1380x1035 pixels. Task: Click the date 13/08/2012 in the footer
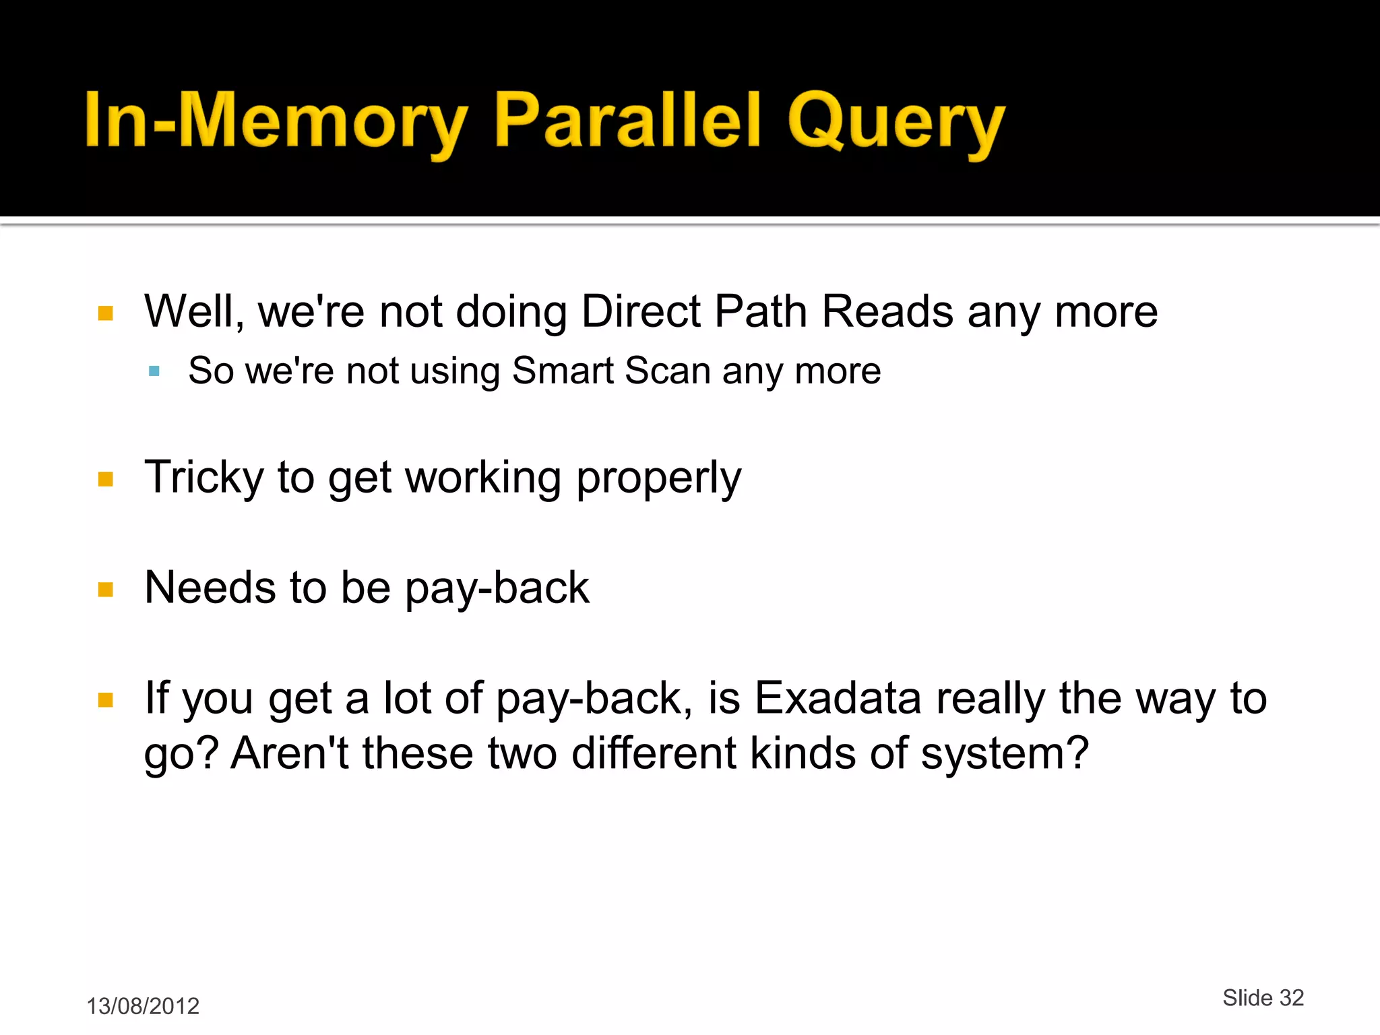click(143, 1006)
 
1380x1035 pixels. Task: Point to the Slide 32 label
click(1263, 997)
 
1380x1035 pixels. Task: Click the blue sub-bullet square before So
click(154, 371)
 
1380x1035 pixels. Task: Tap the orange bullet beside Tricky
click(106, 479)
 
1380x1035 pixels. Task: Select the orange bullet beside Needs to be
click(106, 590)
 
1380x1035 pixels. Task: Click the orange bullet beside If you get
click(106, 699)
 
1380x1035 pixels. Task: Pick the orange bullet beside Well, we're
click(106, 313)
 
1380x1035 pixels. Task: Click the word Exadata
click(838, 698)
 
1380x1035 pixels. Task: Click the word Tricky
click(203, 477)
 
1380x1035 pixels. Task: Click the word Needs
click(210, 588)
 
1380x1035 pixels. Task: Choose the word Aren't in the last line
click(290, 753)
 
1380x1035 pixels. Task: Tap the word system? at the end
click(1004, 754)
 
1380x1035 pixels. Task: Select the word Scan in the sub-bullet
click(667, 371)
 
